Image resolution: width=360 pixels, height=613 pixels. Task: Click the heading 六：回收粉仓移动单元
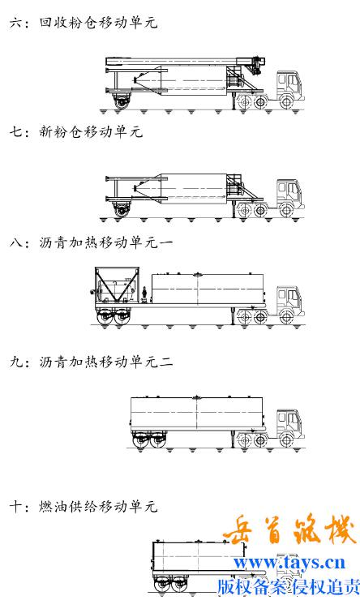[84, 22]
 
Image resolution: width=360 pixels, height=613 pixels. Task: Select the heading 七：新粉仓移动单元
[76, 131]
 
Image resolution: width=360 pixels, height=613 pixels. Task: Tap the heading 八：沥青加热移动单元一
[91, 242]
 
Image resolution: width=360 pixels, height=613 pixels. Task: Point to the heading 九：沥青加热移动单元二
[91, 362]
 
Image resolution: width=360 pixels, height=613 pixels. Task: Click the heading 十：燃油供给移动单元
[84, 506]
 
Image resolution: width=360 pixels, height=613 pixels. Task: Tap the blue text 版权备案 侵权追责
[289, 587]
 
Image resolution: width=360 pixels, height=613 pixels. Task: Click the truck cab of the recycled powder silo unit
[290, 85]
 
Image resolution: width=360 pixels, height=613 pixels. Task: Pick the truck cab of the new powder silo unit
[290, 194]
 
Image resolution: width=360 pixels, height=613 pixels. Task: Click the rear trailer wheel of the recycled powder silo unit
[122, 102]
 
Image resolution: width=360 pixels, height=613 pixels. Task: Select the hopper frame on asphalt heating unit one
[117, 285]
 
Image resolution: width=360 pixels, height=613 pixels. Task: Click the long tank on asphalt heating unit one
[208, 289]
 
